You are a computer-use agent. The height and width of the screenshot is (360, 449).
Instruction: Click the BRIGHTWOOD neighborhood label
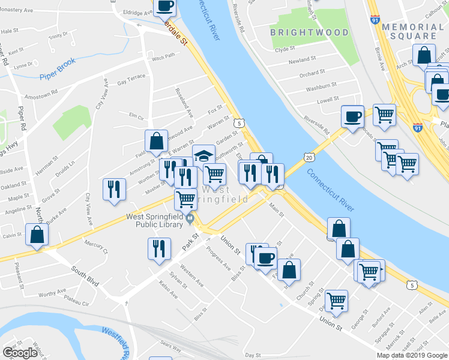coord(309,32)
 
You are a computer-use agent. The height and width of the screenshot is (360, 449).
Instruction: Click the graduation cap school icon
coord(203,155)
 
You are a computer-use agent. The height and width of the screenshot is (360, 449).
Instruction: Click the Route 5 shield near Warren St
coord(239,122)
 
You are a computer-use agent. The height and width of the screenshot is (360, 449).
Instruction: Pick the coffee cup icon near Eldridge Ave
coord(165,6)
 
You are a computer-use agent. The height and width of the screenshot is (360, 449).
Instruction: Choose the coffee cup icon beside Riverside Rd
coord(352,115)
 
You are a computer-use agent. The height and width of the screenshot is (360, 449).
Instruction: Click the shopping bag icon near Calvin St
coord(37,235)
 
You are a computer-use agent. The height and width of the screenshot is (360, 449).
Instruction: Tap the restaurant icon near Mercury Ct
coord(158,249)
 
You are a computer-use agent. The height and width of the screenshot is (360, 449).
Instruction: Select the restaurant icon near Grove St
coord(112,189)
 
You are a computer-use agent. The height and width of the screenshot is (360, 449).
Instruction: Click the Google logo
coord(20,353)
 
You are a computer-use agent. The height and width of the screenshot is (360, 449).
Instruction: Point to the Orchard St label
coord(312,73)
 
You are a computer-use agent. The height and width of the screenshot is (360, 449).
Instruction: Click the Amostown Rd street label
coord(41,97)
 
